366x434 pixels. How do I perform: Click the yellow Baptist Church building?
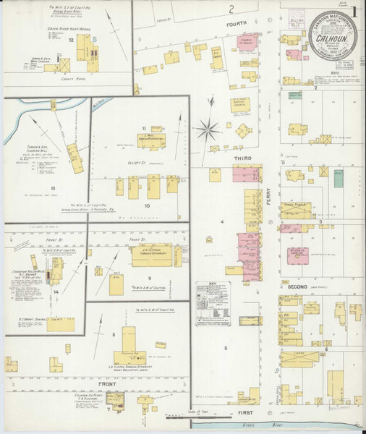pos(240,104)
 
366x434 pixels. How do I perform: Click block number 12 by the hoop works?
pos(71,41)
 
